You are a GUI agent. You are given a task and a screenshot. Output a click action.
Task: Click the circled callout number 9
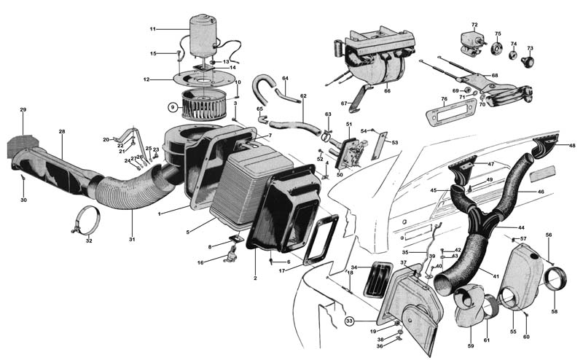coord(173,108)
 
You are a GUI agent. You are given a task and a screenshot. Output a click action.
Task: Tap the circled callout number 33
coord(350,320)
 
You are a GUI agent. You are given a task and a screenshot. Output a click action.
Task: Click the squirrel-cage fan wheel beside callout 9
coord(203,109)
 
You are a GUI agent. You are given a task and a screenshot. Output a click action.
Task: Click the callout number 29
coord(23,109)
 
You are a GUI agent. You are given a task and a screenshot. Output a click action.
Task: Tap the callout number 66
coord(387,91)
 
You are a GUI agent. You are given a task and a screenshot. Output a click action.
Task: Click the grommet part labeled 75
coord(498,47)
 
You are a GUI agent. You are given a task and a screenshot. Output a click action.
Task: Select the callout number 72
coord(474,25)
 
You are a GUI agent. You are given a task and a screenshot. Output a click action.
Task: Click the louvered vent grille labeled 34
coord(377,278)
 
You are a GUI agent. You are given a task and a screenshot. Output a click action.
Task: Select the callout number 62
coord(303,95)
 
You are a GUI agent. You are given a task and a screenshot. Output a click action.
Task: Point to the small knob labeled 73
coord(530,58)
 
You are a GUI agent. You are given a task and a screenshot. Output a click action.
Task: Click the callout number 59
coord(470,345)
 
